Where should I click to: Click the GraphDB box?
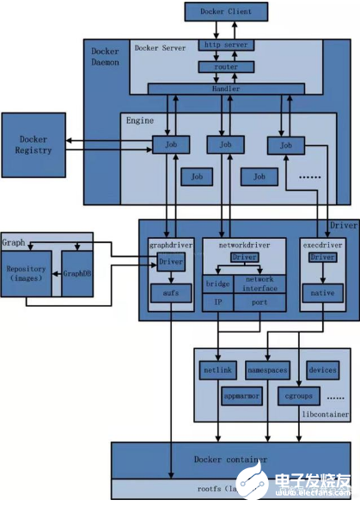76,273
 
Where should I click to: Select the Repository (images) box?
27,273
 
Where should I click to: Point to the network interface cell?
260,283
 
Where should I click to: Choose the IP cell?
218,302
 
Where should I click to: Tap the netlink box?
216,371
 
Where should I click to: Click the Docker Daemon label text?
105,58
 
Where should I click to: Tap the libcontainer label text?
325,413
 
